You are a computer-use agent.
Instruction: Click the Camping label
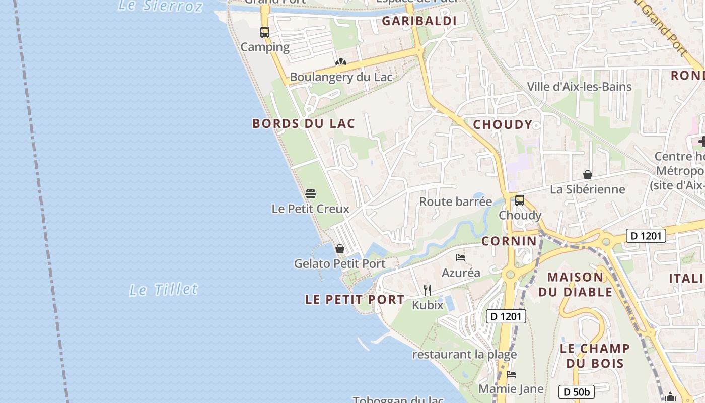[265, 47]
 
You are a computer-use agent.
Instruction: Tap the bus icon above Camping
[265, 32]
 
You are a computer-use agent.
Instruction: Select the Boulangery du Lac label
[341, 77]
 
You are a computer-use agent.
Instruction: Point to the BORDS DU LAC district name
[304, 123]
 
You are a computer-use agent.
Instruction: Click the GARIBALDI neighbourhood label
[419, 21]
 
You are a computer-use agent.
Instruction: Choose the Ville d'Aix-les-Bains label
[579, 87]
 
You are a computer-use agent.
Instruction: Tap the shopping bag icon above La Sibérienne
[587, 175]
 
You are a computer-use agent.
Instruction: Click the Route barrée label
[456, 202]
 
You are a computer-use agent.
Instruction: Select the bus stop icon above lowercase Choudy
[520, 200]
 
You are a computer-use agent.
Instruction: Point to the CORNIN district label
[509, 241]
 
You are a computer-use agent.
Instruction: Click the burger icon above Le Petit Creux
[311, 194]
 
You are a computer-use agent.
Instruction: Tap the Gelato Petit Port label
[340, 263]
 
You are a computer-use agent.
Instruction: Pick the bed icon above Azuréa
[460, 258]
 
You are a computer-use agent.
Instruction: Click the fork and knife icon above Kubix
[428, 290]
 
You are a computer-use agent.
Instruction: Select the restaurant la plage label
[464, 354]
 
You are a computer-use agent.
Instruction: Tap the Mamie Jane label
[511, 389]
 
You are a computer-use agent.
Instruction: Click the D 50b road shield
[576, 392]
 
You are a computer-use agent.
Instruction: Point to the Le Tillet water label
[164, 290]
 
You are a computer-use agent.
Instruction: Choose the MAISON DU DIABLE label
[575, 284]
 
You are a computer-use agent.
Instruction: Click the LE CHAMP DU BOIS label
[595, 356]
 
